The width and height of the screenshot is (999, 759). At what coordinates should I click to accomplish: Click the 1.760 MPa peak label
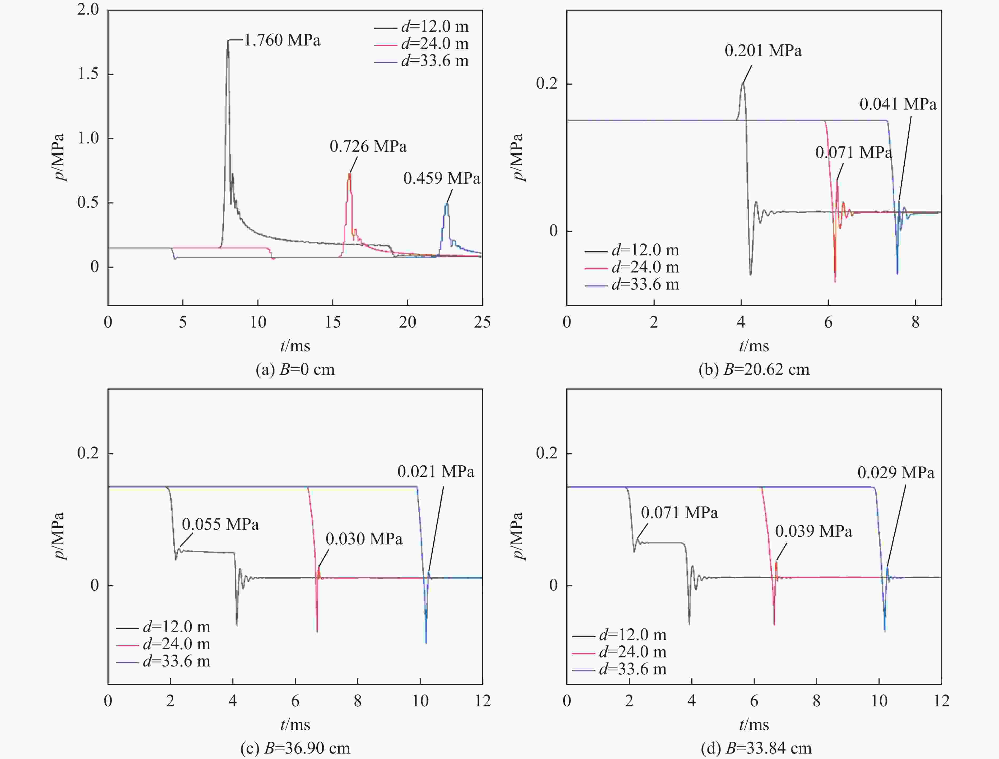[282, 40]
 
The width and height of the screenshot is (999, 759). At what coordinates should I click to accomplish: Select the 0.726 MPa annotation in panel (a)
[368, 146]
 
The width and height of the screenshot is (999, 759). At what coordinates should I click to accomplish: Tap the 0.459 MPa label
[442, 178]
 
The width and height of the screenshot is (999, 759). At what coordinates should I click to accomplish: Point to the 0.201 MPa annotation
[763, 50]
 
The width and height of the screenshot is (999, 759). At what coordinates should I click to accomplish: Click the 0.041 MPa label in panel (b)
[898, 104]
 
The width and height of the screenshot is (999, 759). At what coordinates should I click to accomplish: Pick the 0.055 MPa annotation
[220, 525]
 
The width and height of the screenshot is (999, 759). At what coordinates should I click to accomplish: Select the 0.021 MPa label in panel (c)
[436, 472]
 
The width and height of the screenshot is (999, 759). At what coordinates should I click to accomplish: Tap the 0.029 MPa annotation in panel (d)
[896, 473]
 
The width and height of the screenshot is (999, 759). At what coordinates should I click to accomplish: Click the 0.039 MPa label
[814, 531]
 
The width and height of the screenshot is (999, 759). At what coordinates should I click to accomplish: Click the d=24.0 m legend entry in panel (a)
[421, 44]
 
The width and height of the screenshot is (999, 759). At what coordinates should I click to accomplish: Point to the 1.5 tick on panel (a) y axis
[88, 74]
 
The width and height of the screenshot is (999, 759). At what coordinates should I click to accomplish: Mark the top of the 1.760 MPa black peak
[228, 40]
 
